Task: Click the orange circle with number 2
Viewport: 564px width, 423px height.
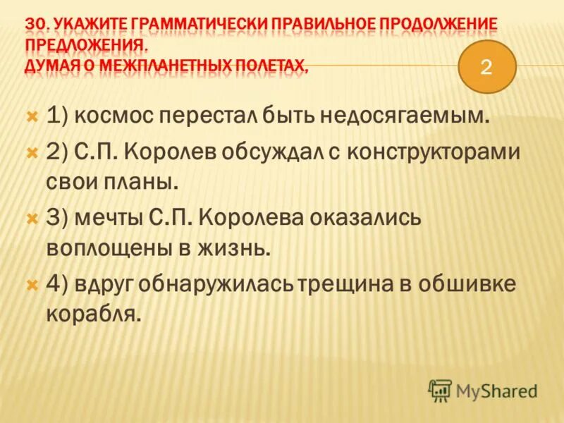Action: [x=488, y=67]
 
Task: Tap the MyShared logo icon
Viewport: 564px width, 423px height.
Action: [x=440, y=390]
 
